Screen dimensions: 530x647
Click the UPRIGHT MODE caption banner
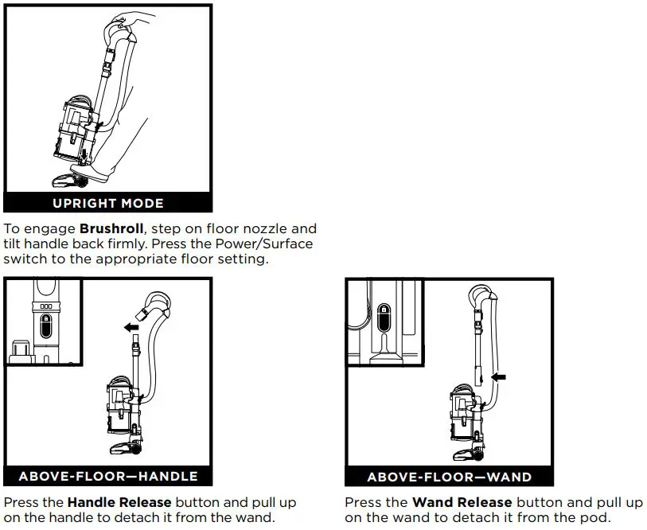108,203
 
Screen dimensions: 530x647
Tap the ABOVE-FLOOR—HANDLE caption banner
108,477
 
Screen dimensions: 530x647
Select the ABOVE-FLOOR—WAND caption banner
449,477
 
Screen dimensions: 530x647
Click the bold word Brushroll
111,228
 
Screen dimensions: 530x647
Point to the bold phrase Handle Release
119,503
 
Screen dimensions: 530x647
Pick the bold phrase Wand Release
462,503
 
